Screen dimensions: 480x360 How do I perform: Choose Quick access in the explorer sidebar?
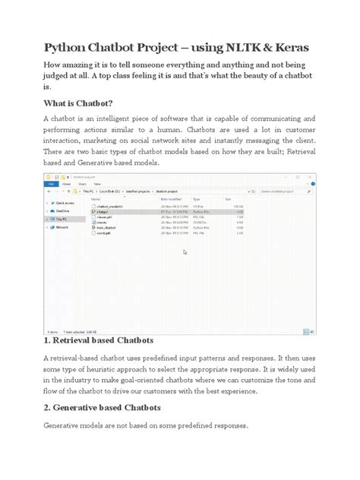pyautogui.click(x=65, y=204)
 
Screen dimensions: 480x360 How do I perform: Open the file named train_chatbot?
pyautogui.click(x=106, y=227)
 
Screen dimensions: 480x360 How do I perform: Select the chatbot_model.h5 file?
pyautogui.click(x=108, y=206)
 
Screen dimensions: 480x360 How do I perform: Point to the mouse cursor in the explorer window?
pyautogui.click(x=185, y=252)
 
